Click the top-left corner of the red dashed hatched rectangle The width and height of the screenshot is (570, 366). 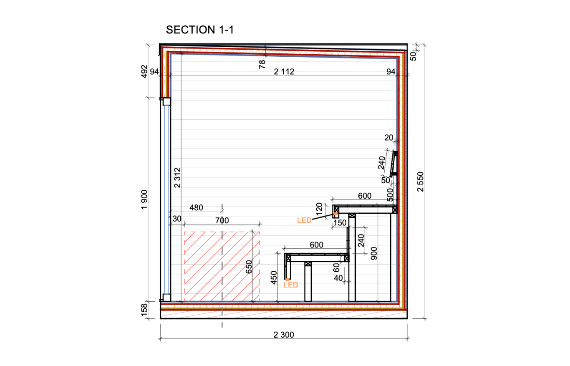185,232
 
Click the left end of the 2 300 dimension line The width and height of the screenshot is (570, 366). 160,339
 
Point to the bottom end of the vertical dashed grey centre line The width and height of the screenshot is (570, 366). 222,327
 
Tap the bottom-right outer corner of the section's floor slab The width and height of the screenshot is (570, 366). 407,318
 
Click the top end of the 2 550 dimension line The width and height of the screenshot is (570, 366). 424,45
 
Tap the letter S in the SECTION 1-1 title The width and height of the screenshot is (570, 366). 170,30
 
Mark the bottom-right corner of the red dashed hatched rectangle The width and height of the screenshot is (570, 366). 260,302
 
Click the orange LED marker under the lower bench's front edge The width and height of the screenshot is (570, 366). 287,280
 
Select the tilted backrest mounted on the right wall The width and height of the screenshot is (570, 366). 393,164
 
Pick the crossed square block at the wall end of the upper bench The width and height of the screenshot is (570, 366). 395,210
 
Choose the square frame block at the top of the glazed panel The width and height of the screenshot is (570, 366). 166,101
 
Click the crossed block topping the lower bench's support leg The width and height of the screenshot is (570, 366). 308,264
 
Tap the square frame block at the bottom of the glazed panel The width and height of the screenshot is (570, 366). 166,298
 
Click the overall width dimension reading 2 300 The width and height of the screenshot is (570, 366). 284,334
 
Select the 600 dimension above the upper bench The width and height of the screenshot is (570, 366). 365,196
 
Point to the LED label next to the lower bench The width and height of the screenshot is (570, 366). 291,285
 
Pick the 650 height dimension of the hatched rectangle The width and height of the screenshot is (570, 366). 249,267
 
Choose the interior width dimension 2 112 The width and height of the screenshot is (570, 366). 284,71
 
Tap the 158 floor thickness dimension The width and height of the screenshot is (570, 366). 144,310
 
